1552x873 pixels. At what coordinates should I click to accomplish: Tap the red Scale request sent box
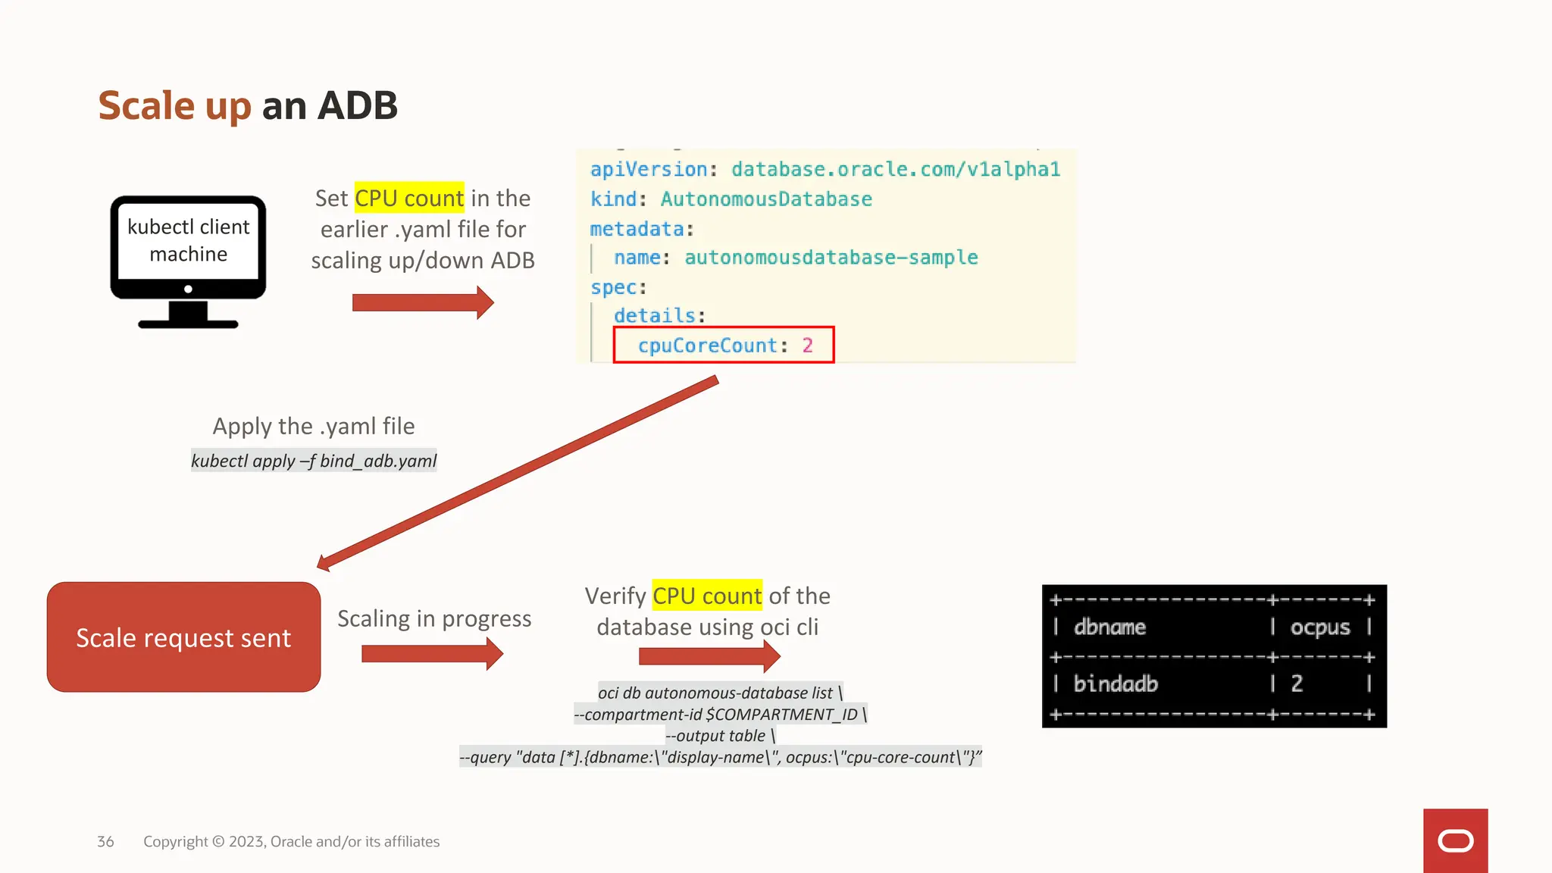183,637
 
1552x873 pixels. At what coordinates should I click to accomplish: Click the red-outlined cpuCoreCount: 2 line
724,346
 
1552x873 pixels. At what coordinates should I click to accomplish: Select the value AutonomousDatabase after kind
766,199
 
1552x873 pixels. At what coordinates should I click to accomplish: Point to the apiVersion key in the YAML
649,170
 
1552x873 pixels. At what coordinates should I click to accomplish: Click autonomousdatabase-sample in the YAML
831,258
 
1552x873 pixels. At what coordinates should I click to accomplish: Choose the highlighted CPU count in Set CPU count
409,199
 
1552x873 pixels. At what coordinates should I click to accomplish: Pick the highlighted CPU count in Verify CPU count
707,596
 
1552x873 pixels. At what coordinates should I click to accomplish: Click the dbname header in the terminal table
1109,627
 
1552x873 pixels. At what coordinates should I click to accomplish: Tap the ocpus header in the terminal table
1320,627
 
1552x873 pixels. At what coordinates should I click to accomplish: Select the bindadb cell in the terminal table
1115,684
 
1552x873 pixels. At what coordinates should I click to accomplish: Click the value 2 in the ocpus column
1297,684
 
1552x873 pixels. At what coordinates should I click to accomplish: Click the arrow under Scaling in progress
432,654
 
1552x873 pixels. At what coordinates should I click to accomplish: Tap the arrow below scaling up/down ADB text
423,303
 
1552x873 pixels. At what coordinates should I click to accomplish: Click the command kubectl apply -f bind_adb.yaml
314,461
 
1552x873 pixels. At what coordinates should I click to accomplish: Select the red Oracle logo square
1455,840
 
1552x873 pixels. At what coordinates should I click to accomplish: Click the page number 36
105,842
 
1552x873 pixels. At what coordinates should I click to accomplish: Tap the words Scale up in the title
174,105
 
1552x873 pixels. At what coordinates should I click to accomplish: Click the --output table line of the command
720,736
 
